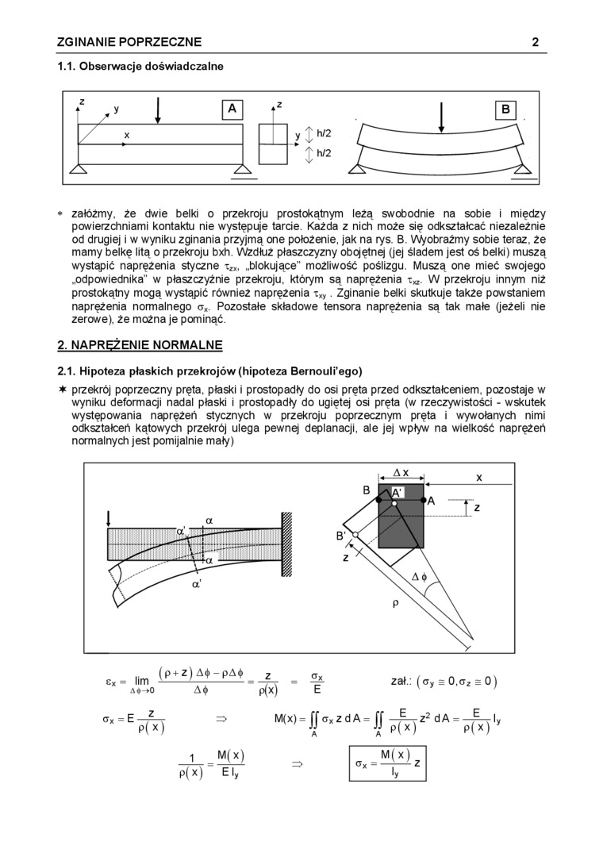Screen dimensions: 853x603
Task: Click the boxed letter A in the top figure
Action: [x=232, y=110]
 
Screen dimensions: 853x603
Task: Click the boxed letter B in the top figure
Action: [x=505, y=110]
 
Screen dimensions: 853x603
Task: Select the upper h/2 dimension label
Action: [x=324, y=133]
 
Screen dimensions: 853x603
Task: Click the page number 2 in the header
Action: [x=536, y=42]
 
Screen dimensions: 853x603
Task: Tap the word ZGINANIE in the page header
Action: [x=86, y=42]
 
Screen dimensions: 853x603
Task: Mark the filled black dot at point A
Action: [x=423, y=501]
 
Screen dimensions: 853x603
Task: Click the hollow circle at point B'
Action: [x=355, y=535]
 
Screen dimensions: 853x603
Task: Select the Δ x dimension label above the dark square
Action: [x=401, y=473]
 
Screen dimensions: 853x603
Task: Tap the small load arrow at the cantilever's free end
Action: [x=108, y=518]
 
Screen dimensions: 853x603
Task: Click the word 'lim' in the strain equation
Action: [x=142, y=680]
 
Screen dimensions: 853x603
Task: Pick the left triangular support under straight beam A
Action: [x=78, y=169]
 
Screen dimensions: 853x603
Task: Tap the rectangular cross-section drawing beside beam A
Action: [x=274, y=144]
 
